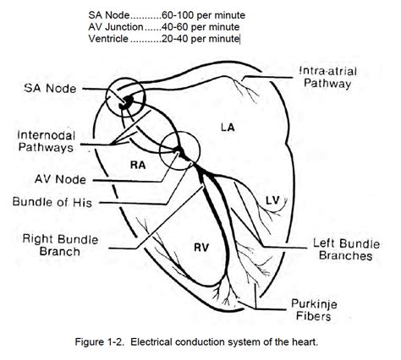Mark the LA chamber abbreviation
click(227, 127)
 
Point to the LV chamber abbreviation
click(272, 200)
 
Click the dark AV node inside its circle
click(178, 152)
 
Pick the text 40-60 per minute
click(197, 27)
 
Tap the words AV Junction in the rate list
click(117, 27)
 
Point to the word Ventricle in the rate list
click(110, 39)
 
